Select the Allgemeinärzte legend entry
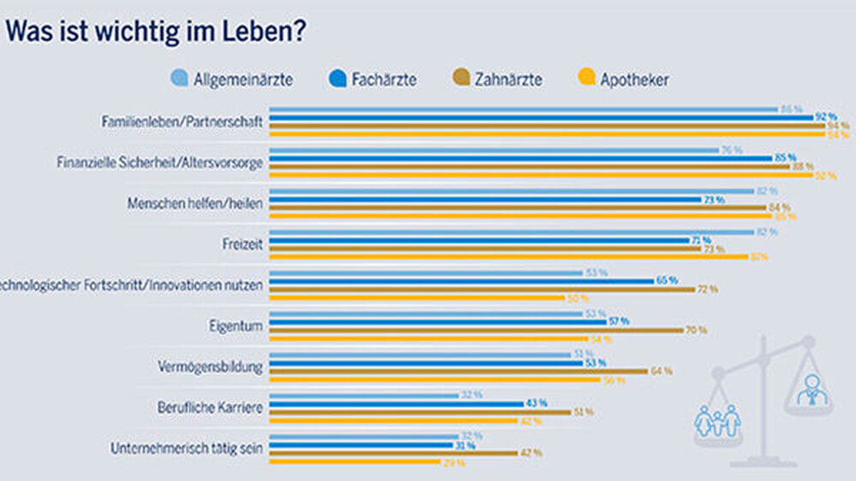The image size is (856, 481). pos(233,80)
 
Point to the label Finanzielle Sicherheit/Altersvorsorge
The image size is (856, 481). pos(159,161)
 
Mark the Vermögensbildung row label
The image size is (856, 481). pos(219,366)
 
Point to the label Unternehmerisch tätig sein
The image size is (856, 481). pos(187,447)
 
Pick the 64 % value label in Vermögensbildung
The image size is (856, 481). pos(661,371)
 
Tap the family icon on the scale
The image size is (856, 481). pos(716,420)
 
